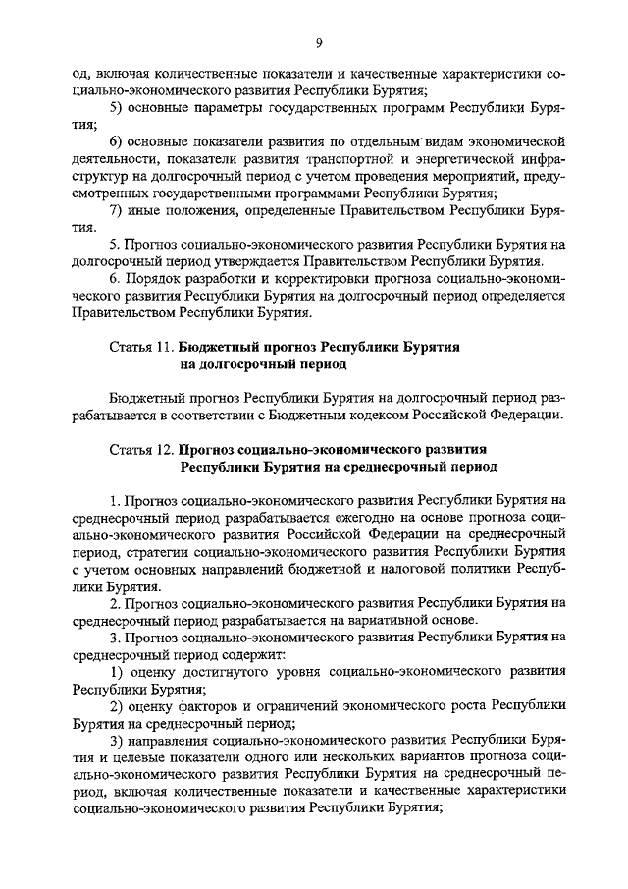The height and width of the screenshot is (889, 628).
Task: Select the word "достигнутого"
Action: pos(224,671)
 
